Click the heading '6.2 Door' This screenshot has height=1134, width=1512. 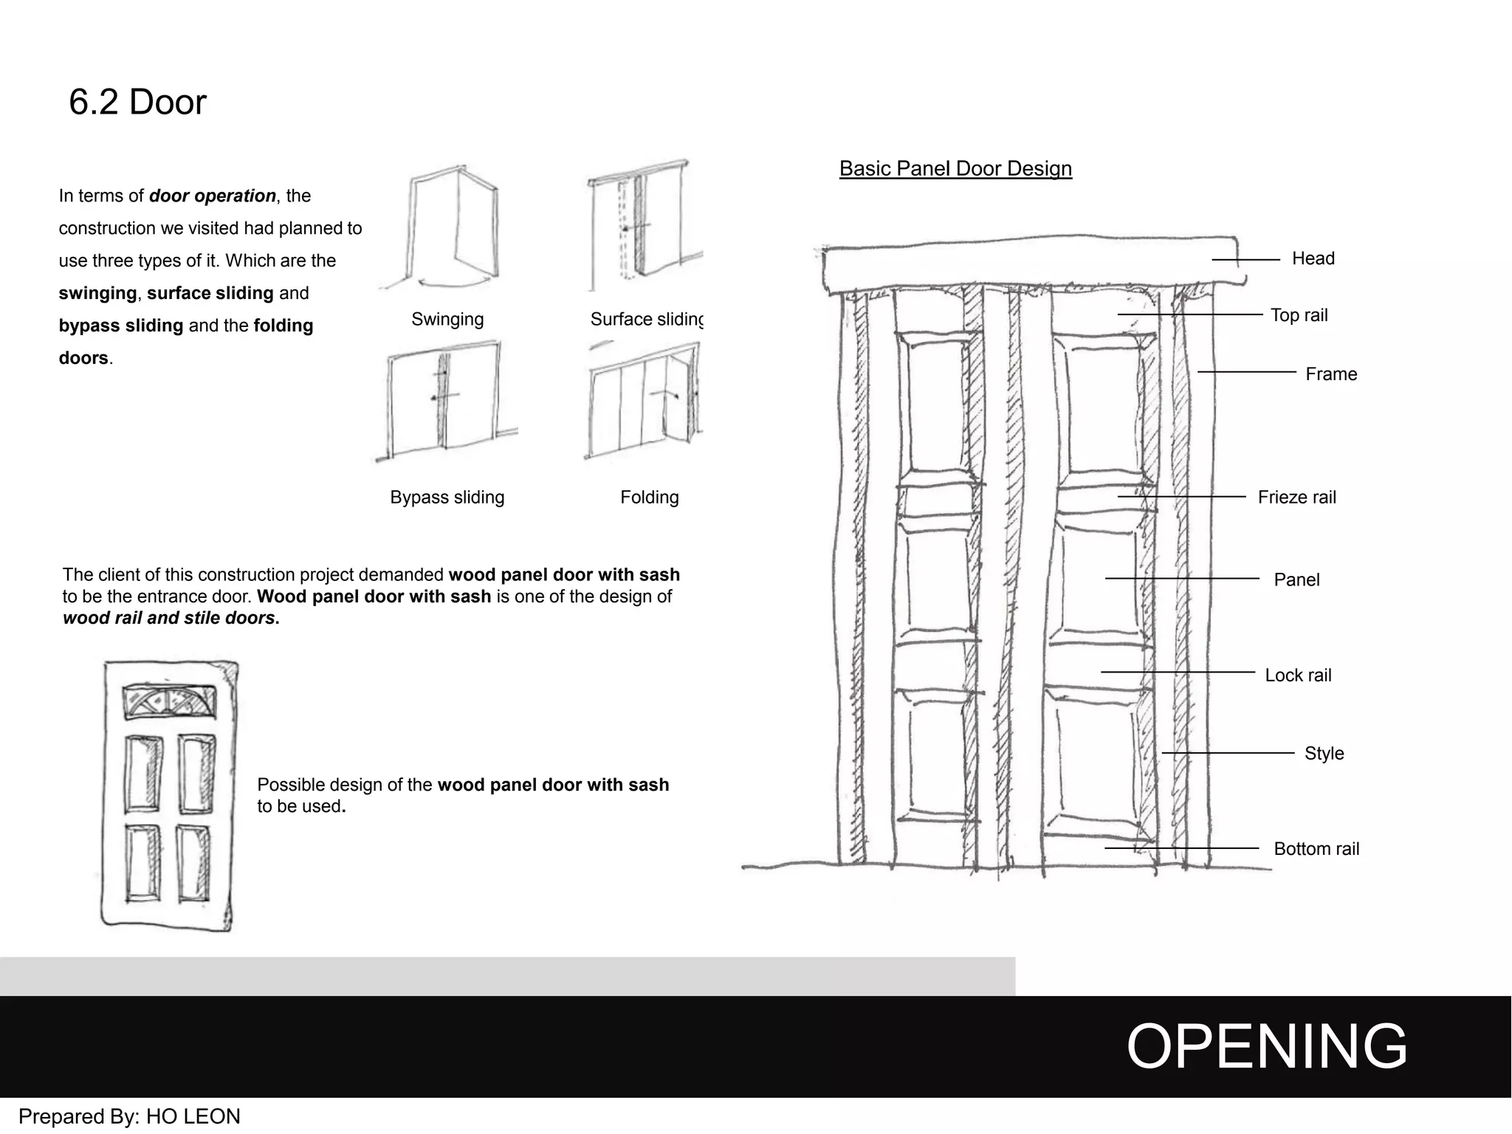click(x=137, y=102)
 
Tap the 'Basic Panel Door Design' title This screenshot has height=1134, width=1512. click(x=955, y=168)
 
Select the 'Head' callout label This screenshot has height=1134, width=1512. click(x=1313, y=258)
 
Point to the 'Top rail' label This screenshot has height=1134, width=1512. click(x=1299, y=315)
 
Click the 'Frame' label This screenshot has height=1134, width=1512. click(x=1330, y=374)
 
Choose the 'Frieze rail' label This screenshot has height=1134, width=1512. click(x=1296, y=498)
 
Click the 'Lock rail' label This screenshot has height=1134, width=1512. click(x=1297, y=676)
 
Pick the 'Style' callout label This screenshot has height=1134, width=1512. click(x=1323, y=754)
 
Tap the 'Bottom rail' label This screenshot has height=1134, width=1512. click(x=1316, y=849)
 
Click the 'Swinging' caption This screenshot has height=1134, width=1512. click(x=447, y=320)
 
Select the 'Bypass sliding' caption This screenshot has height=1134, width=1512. click(x=447, y=498)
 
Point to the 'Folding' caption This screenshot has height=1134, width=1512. click(x=649, y=498)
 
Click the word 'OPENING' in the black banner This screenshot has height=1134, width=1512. click(x=1266, y=1047)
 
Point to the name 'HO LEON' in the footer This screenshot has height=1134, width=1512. click(x=193, y=1116)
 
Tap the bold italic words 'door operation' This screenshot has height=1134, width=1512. click(x=213, y=196)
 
